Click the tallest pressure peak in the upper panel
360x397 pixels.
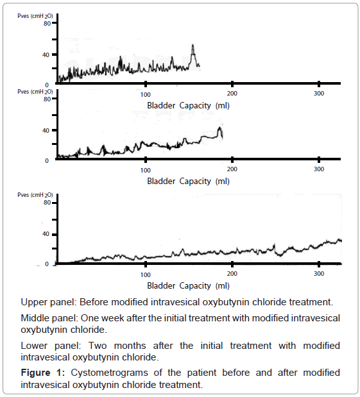[193, 46]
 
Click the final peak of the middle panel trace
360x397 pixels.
[219, 128]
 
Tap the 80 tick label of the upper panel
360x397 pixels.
[47, 24]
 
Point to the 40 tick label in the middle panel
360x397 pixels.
[46, 131]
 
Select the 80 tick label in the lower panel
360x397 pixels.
[47, 203]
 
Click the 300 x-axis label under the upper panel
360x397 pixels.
[319, 94]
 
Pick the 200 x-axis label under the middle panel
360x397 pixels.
[232, 169]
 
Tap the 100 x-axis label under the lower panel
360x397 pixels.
[146, 275]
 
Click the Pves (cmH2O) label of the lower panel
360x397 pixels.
[35, 195]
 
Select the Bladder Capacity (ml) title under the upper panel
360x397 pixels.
[188, 105]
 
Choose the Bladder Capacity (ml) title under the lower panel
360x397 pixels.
[188, 286]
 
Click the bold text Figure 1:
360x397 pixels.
[43, 373]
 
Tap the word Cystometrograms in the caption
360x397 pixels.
[109, 373]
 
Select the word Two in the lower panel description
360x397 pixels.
[98, 346]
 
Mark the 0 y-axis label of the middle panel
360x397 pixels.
[47, 161]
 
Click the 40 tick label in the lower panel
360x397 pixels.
[46, 234]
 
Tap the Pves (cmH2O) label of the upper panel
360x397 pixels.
[35, 16]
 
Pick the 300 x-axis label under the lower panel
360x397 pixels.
[319, 274]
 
